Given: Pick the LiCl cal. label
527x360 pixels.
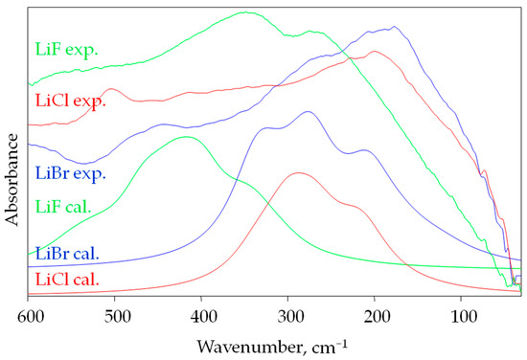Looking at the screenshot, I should pyautogui.click(x=67, y=280).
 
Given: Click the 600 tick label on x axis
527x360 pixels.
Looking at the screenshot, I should pyautogui.click(x=29, y=313).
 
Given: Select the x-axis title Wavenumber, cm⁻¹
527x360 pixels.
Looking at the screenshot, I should pyautogui.click(x=274, y=342).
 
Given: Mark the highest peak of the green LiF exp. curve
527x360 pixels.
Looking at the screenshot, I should pyautogui.click(x=246, y=12).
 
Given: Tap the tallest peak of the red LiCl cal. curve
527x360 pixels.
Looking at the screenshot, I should pyautogui.click(x=298, y=172).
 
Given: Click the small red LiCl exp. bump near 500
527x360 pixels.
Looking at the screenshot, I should pyautogui.click(x=114, y=89).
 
